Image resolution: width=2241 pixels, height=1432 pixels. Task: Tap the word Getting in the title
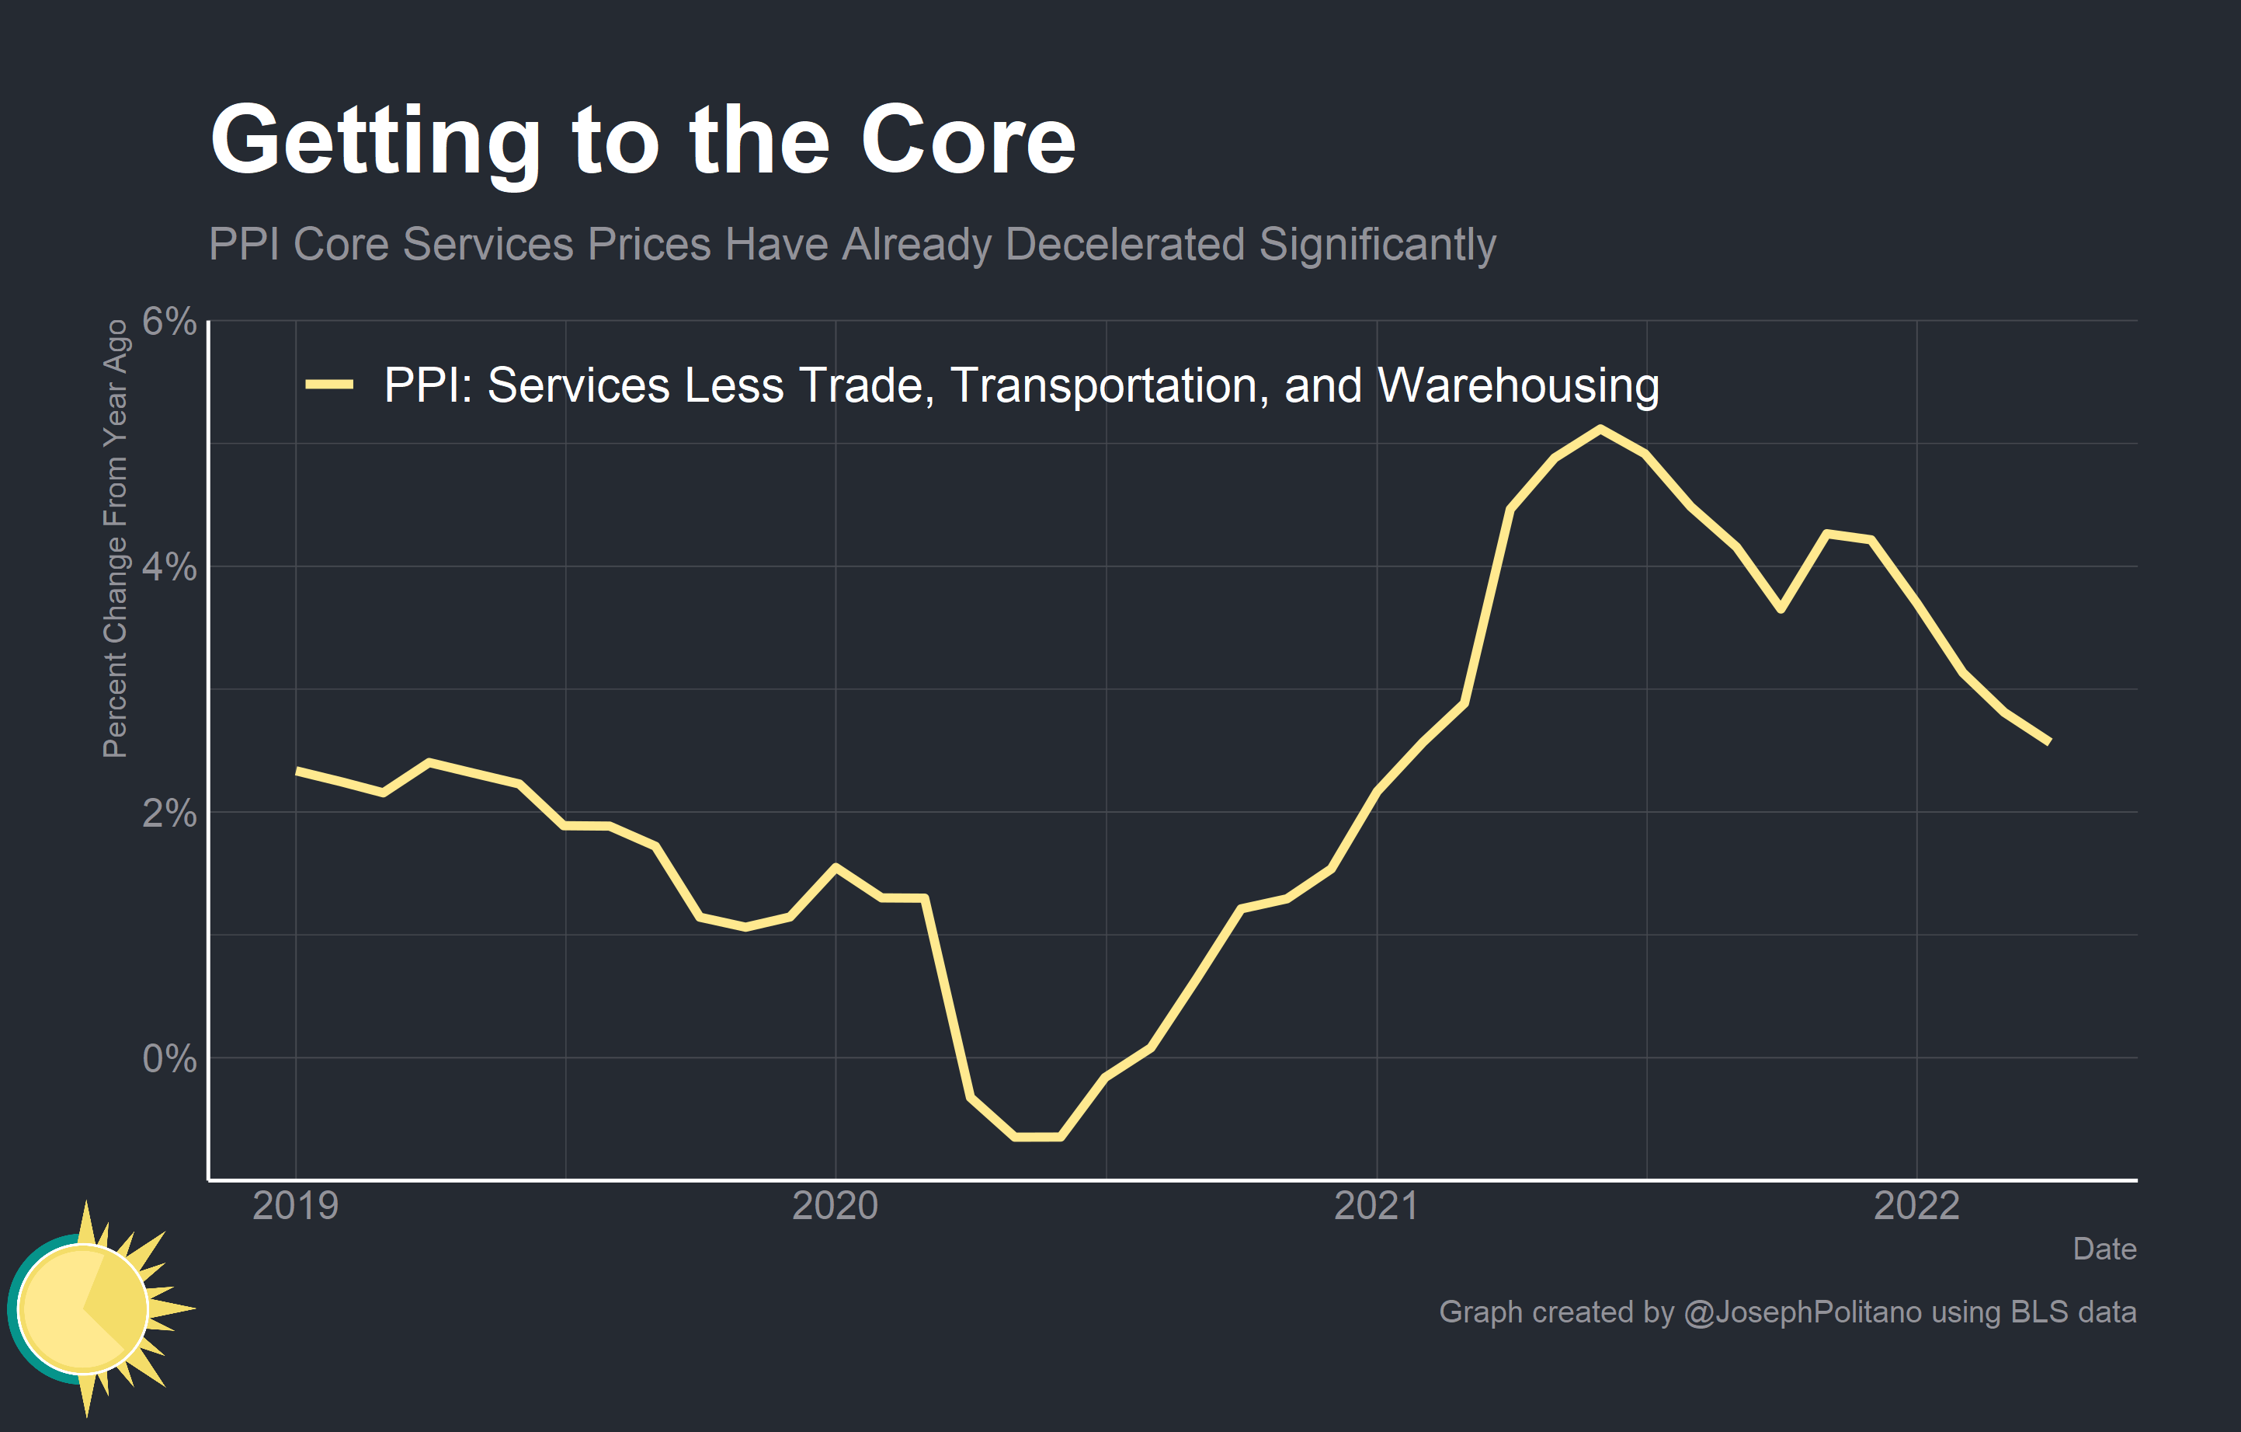coord(375,141)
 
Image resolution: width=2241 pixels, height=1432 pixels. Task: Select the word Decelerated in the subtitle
coord(1124,245)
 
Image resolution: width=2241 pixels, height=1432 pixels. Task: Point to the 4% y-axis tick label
coord(169,566)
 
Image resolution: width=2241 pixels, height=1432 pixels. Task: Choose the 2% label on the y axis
coord(169,813)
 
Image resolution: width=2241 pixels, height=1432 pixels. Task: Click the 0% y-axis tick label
coord(169,1058)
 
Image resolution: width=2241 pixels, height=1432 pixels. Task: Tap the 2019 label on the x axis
coord(296,1206)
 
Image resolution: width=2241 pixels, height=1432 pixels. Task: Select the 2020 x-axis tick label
coord(835,1206)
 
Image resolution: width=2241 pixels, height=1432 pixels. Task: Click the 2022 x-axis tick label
coord(1916,1206)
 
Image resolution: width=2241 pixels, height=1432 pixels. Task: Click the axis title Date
coord(2104,1249)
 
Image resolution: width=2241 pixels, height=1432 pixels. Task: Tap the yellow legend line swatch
coord(329,385)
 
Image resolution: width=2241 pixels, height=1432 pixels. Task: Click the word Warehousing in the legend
coord(1518,385)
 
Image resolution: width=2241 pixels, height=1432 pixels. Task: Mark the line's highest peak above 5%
coord(1600,429)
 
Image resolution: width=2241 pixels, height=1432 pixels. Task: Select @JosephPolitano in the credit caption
coord(1801,1312)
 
